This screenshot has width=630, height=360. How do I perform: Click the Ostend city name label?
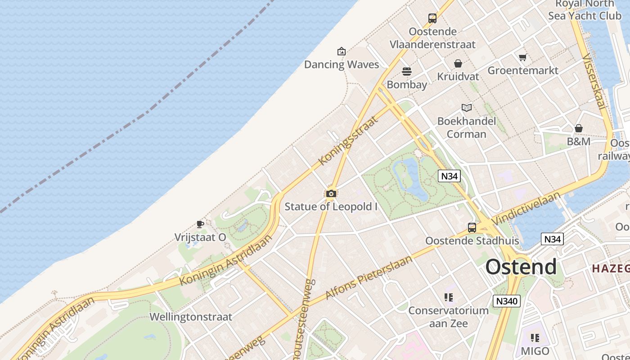click(521, 267)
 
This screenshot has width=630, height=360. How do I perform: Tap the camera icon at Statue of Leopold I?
click(331, 194)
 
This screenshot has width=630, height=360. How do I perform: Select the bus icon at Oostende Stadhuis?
click(472, 228)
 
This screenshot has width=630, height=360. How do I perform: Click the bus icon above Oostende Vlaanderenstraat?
click(432, 18)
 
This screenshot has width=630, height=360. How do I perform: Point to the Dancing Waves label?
click(342, 64)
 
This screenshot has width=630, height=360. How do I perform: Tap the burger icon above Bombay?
click(407, 72)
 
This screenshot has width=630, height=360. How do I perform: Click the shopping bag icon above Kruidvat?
click(458, 63)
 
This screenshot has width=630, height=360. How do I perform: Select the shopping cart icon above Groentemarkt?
click(522, 58)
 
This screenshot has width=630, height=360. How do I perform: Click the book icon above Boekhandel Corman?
click(467, 108)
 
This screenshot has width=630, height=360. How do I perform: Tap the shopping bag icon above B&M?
click(579, 129)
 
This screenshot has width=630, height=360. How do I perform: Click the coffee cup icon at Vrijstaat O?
click(200, 224)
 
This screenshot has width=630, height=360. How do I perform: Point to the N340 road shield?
click(506, 301)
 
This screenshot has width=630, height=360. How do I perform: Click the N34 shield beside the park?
click(449, 176)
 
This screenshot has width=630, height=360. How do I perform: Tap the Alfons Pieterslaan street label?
click(369, 278)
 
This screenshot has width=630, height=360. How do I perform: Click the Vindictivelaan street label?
click(526, 207)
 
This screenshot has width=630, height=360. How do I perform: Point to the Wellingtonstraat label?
click(191, 317)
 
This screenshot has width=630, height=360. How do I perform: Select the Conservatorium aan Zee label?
click(448, 317)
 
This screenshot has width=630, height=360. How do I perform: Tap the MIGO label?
click(535, 351)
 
